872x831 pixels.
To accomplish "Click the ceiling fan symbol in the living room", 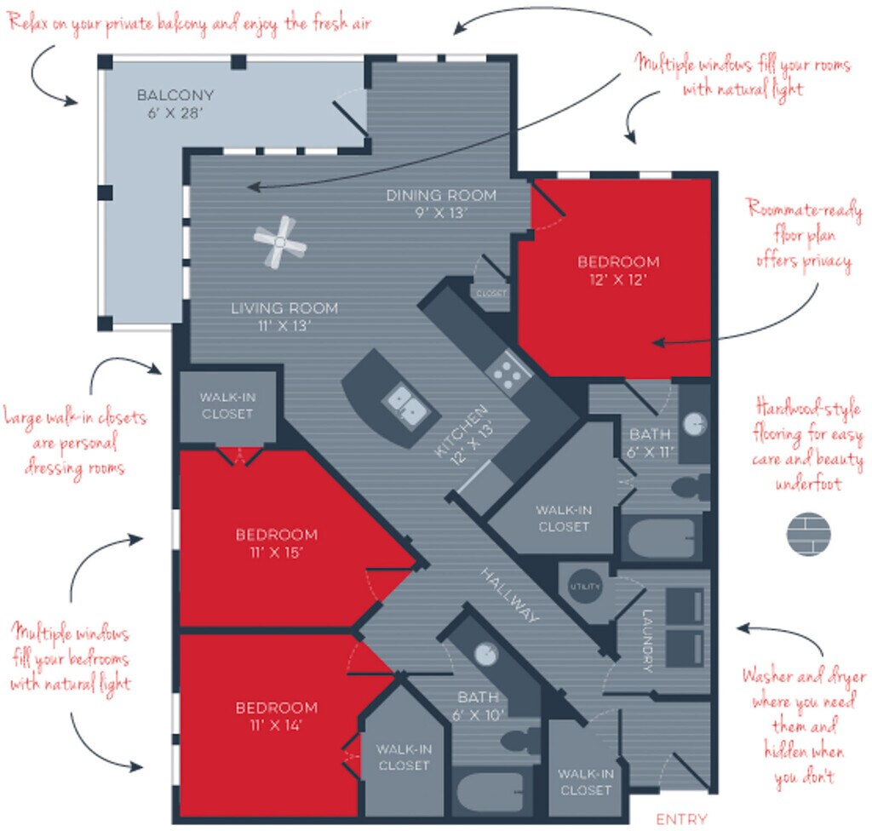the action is pyautogui.click(x=279, y=242).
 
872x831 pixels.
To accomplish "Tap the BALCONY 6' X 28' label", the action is pyautogui.click(x=175, y=104).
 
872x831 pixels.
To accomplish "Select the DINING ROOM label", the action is pyautogui.click(x=441, y=195).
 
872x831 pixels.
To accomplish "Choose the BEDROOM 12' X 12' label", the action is pyautogui.click(x=618, y=270).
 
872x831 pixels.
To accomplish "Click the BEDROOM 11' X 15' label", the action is pyautogui.click(x=277, y=543).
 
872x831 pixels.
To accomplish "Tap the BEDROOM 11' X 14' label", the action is pyautogui.click(x=277, y=716).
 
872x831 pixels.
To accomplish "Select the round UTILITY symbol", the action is pyautogui.click(x=584, y=587).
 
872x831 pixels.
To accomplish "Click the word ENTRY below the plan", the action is pyautogui.click(x=681, y=819).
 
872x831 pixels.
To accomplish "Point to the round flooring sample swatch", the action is pyautogui.click(x=809, y=534).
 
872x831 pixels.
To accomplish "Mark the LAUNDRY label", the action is pyautogui.click(x=647, y=641).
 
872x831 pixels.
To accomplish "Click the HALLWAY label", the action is pyautogui.click(x=509, y=595).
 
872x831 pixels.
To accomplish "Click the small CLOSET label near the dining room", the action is pyautogui.click(x=491, y=293).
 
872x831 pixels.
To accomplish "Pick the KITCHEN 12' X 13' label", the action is pyautogui.click(x=464, y=435).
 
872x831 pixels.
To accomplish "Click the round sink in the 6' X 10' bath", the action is pyautogui.click(x=486, y=655).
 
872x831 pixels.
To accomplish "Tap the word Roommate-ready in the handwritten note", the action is pyautogui.click(x=804, y=209).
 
